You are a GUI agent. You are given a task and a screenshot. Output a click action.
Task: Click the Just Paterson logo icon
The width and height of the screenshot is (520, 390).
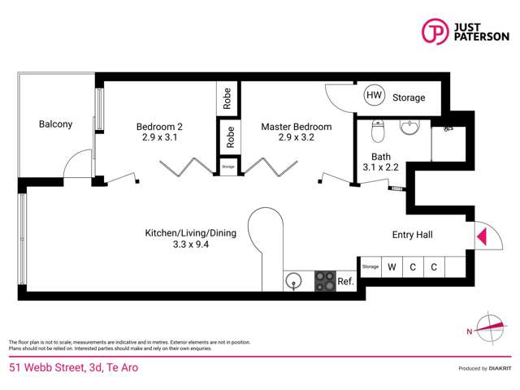click(436, 31)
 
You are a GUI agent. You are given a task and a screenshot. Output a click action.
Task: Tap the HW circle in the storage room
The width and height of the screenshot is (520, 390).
click(374, 96)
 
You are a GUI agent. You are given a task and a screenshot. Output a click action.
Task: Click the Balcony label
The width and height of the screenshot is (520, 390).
click(55, 124)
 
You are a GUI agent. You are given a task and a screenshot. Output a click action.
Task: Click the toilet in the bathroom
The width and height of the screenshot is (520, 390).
click(377, 129)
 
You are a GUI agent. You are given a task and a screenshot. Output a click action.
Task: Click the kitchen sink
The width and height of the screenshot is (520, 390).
click(293, 281)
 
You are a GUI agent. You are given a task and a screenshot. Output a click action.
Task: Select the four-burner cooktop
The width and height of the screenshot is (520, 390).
click(324, 281)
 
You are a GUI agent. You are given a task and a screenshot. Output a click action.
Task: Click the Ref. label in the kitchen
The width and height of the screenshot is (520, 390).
click(345, 282)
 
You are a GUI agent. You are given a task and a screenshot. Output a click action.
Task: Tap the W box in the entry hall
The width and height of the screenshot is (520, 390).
click(392, 266)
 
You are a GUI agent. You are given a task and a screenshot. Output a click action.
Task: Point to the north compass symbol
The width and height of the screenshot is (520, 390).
click(490, 329)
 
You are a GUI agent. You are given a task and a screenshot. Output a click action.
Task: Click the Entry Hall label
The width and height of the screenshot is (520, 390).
click(412, 235)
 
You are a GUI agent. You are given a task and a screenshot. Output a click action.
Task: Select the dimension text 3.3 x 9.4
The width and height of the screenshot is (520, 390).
click(190, 244)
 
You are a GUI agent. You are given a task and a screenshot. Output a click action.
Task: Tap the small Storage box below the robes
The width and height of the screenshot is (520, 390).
click(229, 166)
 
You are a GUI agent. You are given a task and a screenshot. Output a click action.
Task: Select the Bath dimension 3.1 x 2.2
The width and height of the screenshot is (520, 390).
click(381, 167)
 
